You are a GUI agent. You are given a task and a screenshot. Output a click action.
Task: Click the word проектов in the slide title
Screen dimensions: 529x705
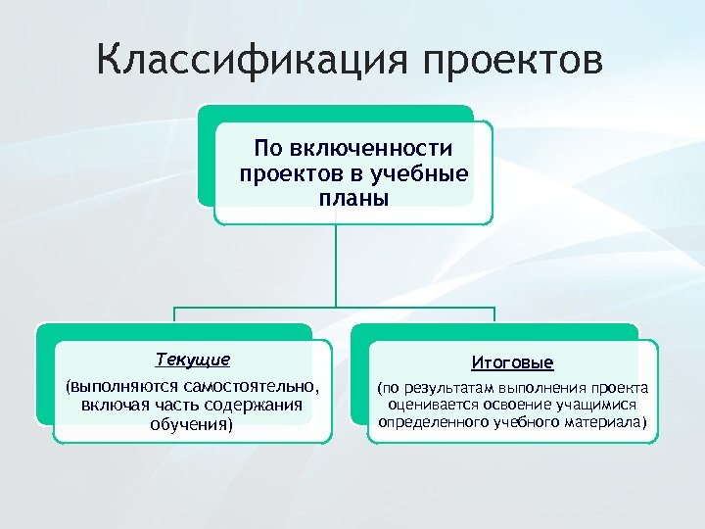click(513, 63)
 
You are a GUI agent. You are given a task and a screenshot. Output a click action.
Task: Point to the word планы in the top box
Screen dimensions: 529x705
click(353, 198)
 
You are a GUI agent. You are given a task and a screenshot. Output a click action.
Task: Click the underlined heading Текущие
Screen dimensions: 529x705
click(193, 360)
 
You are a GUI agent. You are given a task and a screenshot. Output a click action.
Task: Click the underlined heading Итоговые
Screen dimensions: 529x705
click(512, 362)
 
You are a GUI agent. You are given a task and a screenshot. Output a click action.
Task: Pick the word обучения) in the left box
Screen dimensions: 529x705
click(192, 424)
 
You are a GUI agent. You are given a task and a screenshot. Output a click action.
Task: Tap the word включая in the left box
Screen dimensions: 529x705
click(116, 405)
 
